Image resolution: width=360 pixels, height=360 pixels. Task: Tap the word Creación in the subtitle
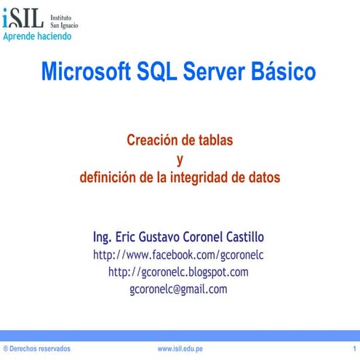pos(150,140)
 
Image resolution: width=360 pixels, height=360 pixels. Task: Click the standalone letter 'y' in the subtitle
pos(180,159)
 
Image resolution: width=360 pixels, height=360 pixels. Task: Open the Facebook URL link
pos(179,255)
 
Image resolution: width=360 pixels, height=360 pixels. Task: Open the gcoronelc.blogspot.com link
pos(179,272)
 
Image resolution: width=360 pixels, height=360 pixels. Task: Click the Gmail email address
pos(179,289)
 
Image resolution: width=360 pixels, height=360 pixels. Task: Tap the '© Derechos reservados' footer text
pos(36,350)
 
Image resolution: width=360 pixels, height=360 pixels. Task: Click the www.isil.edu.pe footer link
pos(180,350)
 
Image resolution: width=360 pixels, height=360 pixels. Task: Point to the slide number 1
pos(353,350)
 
